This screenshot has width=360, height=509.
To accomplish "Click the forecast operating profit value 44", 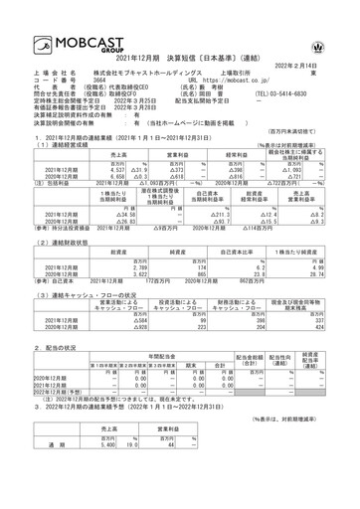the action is pyautogui.click(x=171, y=472).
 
